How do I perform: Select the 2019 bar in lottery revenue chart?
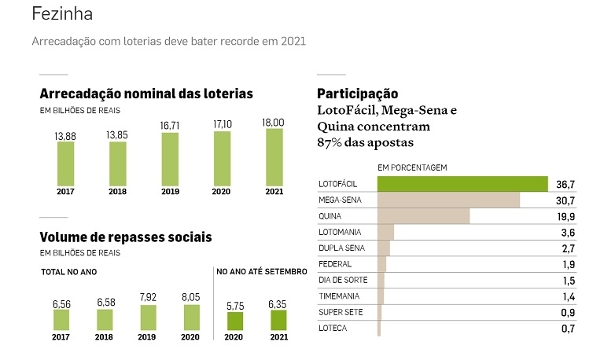169,158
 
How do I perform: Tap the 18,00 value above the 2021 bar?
274,123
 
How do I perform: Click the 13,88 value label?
65,137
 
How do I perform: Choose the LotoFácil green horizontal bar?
462,184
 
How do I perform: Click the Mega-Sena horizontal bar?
448,200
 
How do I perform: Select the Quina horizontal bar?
423,216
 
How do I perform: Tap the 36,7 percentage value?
565,184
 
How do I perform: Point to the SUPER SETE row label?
340,313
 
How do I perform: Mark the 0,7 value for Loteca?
568,329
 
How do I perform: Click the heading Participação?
357,94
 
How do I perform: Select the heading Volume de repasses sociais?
125,237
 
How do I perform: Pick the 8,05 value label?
192,298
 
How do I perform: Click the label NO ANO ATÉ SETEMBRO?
262,272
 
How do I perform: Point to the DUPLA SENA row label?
341,248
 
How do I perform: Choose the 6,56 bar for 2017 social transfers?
61,319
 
